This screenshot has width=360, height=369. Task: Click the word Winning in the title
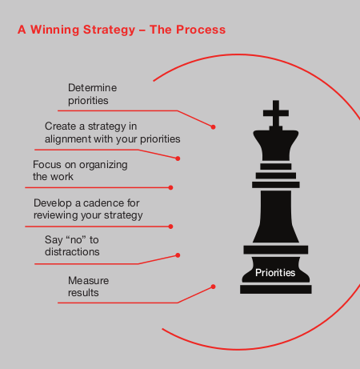(54, 30)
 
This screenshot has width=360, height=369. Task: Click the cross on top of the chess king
(276, 114)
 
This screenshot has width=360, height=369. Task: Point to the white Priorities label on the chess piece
(275, 273)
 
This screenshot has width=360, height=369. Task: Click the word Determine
(92, 88)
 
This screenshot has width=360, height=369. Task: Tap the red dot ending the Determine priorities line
(213, 127)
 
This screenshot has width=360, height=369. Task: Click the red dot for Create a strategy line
(178, 158)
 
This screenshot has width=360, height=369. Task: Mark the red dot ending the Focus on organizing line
(170, 187)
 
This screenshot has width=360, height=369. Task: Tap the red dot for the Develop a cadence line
(170, 227)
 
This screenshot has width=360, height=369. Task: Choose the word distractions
(72, 252)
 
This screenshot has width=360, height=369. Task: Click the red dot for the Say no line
(178, 255)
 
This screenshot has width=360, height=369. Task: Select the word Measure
(88, 281)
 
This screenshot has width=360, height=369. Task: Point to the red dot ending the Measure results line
(213, 287)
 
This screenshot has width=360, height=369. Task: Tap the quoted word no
(76, 240)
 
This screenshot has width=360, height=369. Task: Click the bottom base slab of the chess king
(276, 289)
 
